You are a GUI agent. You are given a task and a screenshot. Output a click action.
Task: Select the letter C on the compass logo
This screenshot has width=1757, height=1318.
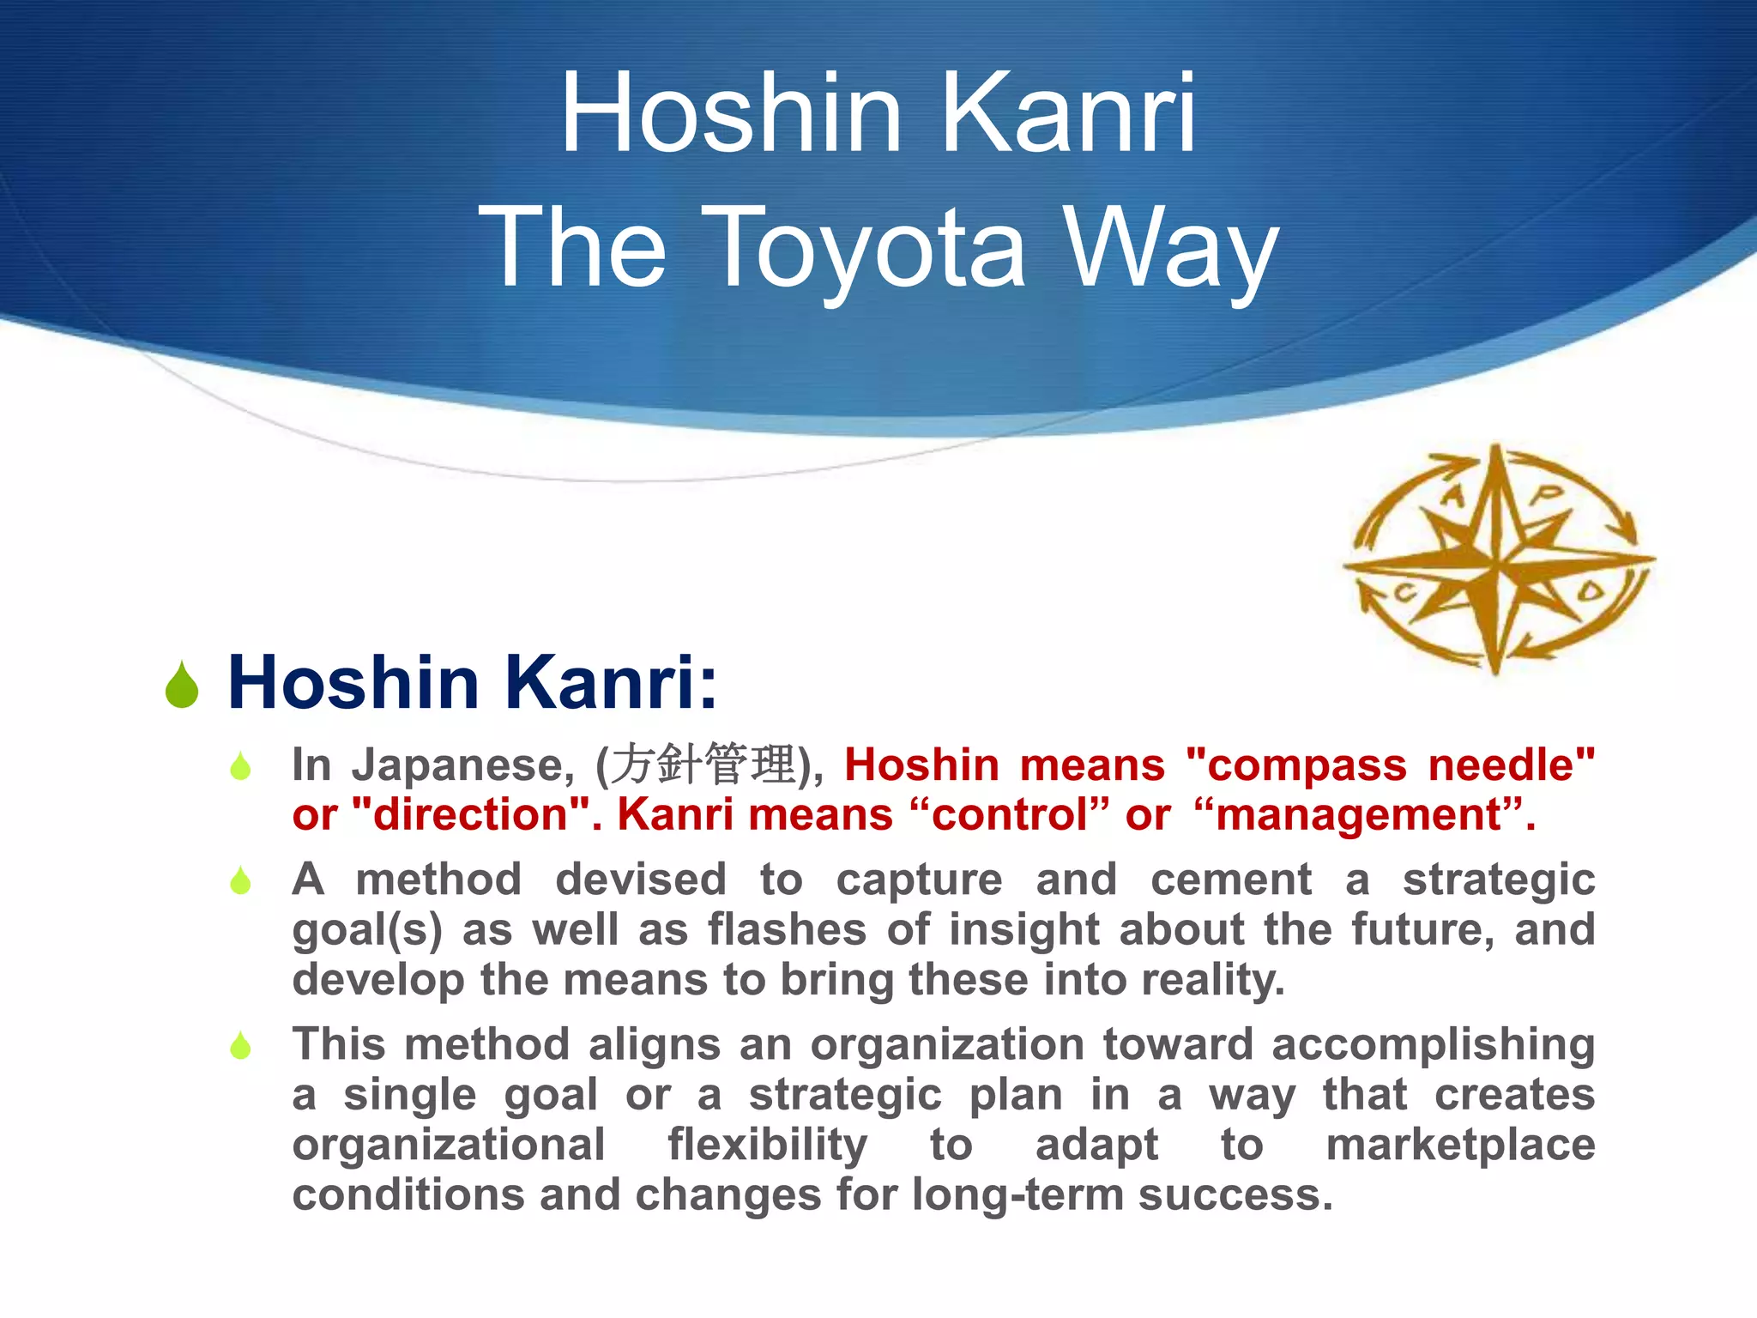click(x=1404, y=592)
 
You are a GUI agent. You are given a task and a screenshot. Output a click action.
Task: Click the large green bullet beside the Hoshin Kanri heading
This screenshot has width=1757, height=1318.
click(x=182, y=686)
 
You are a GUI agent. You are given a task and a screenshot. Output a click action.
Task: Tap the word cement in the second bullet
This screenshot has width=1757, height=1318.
click(x=1231, y=880)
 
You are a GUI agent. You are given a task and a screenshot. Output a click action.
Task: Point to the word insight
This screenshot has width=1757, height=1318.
click(x=1023, y=929)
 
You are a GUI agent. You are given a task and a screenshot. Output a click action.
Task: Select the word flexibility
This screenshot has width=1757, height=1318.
click(x=768, y=1145)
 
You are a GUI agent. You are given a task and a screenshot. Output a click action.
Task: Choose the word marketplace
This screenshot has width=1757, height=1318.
click(x=1460, y=1145)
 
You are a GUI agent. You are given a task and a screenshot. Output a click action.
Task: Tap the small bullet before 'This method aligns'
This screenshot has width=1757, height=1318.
click(x=241, y=1045)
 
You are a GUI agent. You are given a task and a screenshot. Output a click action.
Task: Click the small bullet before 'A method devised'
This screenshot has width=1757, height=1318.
click(x=241, y=880)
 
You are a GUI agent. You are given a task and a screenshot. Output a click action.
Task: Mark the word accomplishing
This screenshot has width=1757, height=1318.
click(x=1433, y=1045)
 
